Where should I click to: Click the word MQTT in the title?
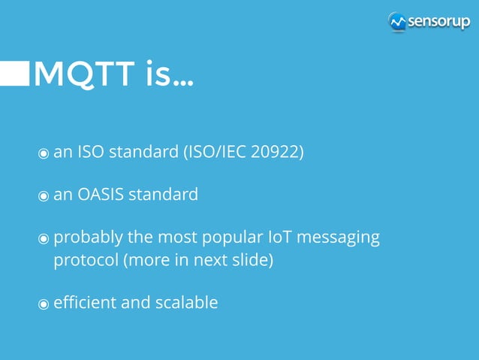[x=83, y=74]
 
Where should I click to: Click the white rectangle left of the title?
[x=14, y=74]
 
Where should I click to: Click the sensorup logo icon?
[x=397, y=22]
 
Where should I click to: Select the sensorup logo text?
[x=438, y=22]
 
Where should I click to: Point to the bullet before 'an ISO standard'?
[x=44, y=153]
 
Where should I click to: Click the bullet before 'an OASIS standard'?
[x=44, y=195]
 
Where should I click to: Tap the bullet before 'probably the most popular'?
[x=44, y=239]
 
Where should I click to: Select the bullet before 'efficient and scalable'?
[x=44, y=304]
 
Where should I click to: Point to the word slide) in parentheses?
[x=252, y=261]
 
